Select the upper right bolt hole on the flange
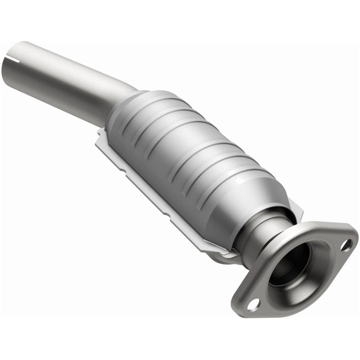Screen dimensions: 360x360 pos(345,244)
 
